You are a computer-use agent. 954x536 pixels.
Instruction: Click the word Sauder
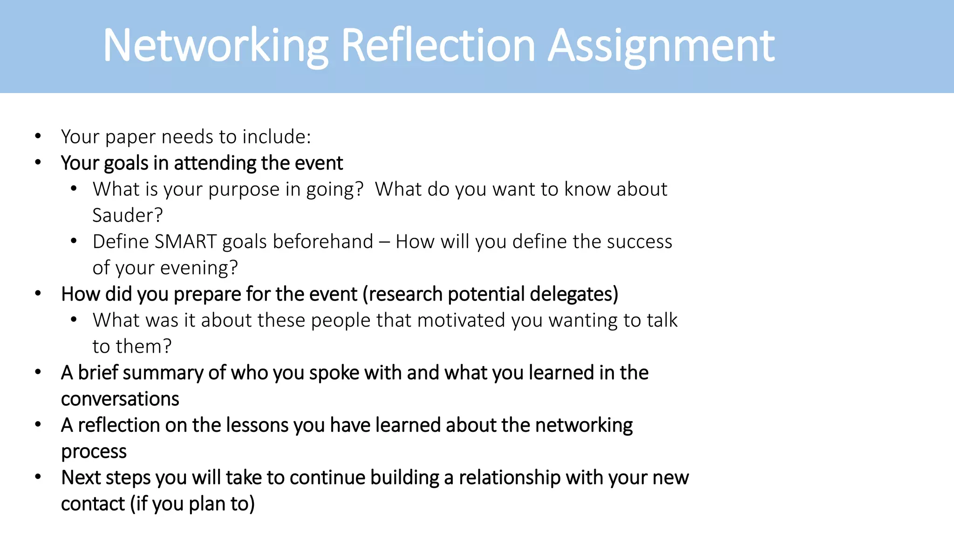point(127,215)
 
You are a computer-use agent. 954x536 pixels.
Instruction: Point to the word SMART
point(185,241)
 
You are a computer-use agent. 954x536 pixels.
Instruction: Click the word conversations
point(120,399)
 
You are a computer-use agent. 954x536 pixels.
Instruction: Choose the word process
point(94,452)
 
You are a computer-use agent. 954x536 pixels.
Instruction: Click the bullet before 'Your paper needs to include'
point(38,136)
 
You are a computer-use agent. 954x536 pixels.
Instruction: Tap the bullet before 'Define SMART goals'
point(74,241)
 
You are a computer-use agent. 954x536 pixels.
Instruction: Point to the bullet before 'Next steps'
point(38,477)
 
